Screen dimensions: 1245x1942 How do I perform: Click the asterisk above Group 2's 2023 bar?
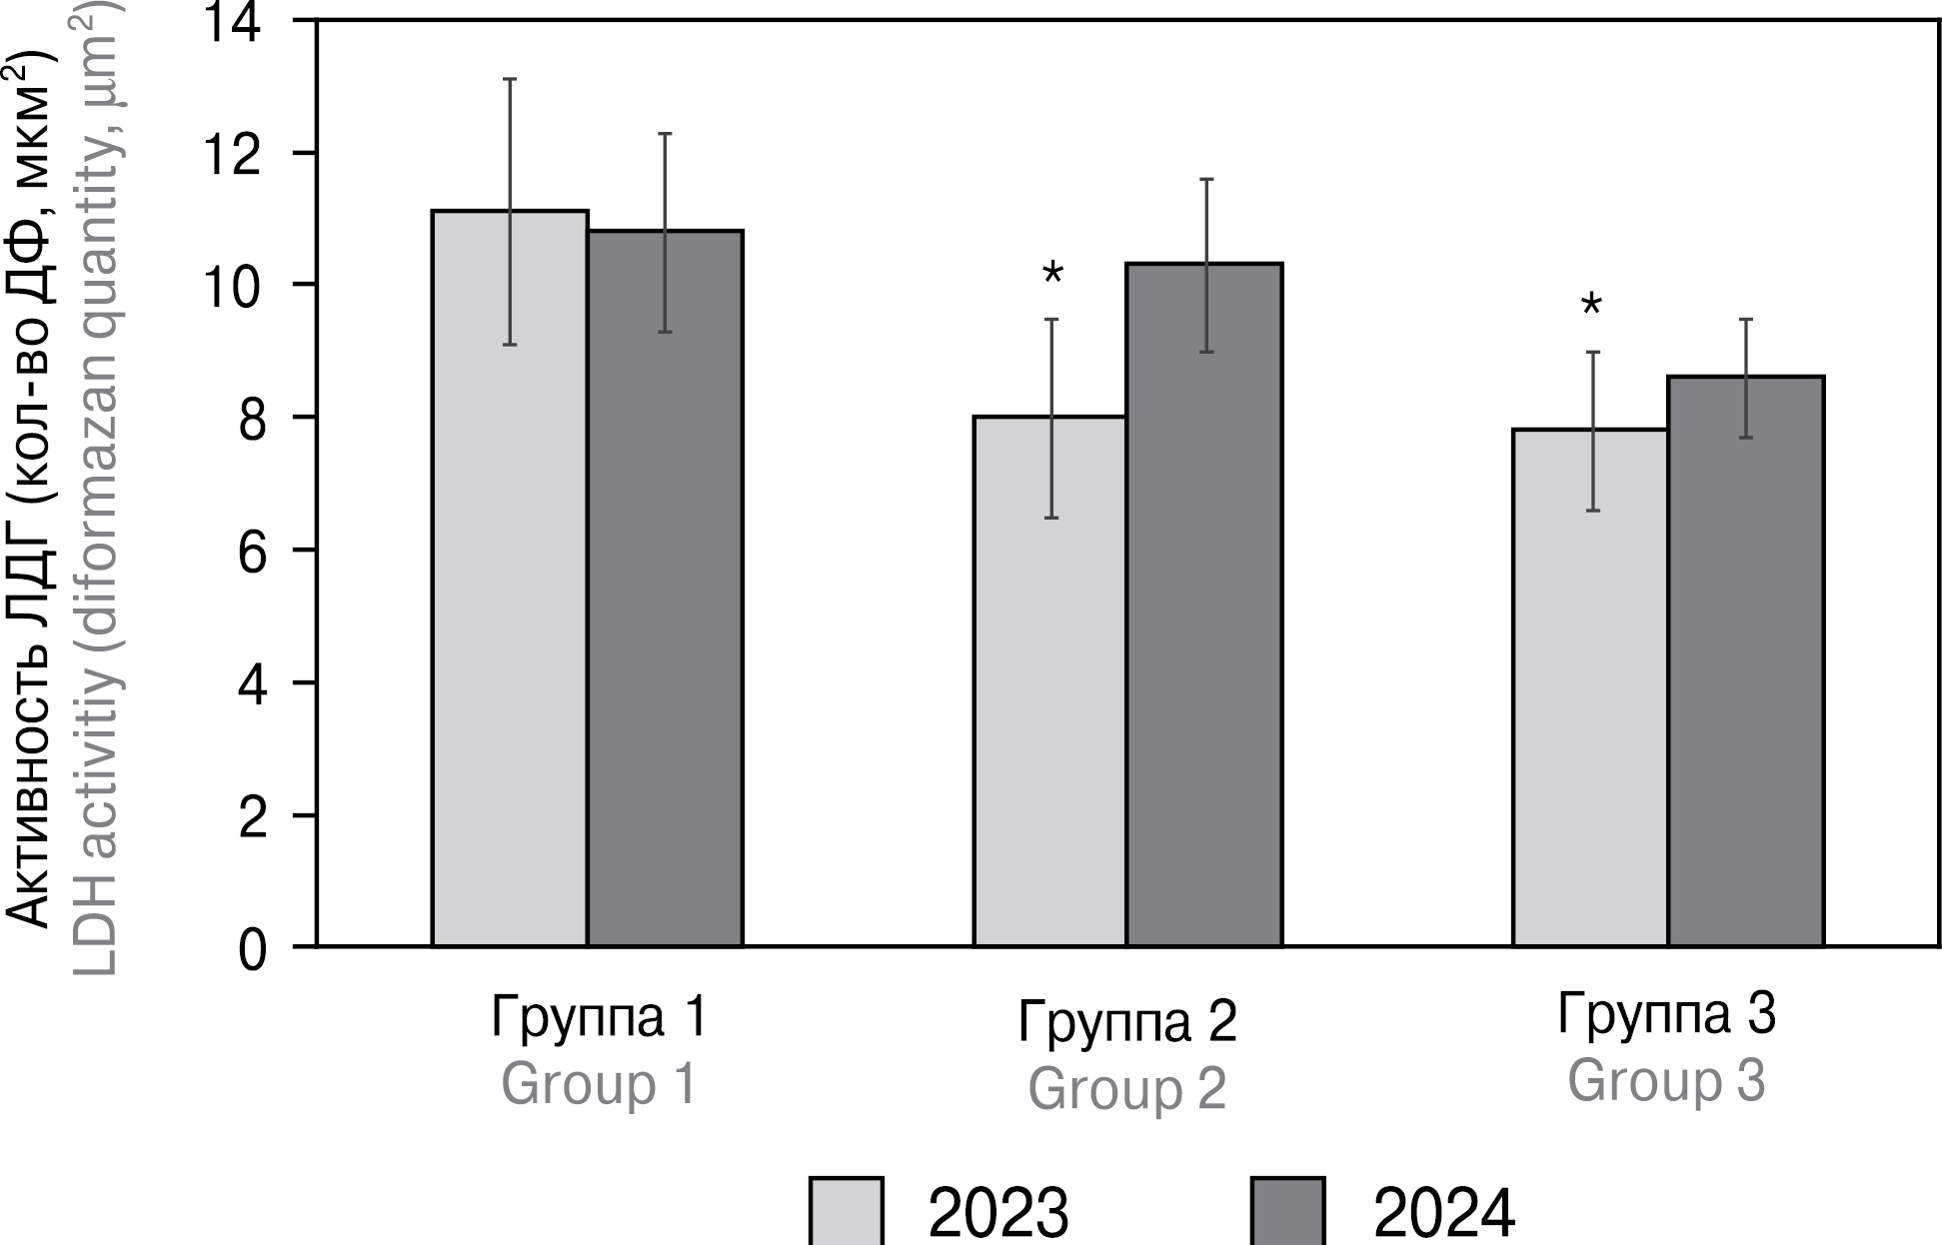1052,274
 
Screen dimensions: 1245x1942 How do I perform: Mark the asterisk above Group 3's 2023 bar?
1591,306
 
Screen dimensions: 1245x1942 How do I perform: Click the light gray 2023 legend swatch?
846,1211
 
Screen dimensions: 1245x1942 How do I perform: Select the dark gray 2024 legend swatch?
1287,1211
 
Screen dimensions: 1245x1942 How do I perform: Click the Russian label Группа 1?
600,1017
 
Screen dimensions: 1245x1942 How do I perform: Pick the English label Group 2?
1126,1089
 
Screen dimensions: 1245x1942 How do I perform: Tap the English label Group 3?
1666,1081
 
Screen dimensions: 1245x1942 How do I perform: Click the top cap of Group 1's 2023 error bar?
509,79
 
